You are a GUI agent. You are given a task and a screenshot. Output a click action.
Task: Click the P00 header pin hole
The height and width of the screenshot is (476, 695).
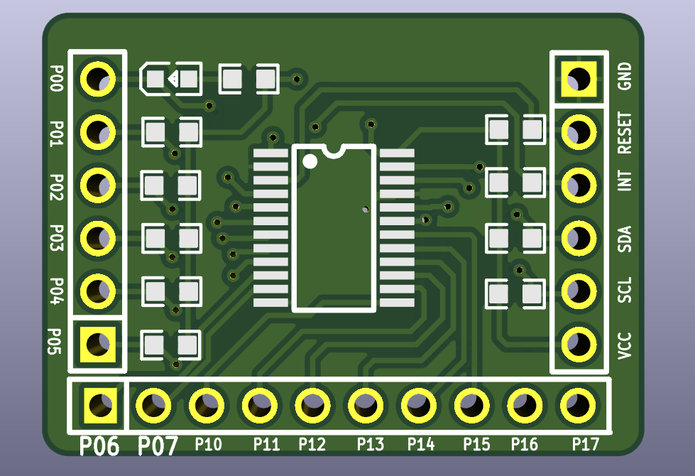[x=97, y=77]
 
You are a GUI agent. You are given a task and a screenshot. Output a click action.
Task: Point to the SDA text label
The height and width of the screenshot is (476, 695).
[x=625, y=238]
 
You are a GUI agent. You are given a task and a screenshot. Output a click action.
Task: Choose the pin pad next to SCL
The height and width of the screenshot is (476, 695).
[x=579, y=291]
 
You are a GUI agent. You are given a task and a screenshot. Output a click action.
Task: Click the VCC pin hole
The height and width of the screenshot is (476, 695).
[x=579, y=343]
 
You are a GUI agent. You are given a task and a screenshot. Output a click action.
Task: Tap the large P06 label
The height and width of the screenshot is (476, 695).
[x=99, y=446]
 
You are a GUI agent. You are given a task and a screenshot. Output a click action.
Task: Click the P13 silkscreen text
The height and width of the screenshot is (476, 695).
[x=370, y=445]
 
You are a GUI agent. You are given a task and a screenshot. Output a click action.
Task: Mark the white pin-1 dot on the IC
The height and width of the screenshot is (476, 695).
[x=310, y=161]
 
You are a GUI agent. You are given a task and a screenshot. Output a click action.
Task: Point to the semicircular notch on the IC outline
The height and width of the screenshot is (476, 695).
[x=333, y=149]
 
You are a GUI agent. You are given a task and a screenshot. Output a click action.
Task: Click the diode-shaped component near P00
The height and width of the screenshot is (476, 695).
[x=171, y=78]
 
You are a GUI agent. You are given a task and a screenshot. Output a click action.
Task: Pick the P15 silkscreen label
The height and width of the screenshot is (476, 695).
[x=476, y=445]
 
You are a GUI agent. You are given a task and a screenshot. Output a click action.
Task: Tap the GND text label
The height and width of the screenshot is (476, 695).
[x=625, y=76]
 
